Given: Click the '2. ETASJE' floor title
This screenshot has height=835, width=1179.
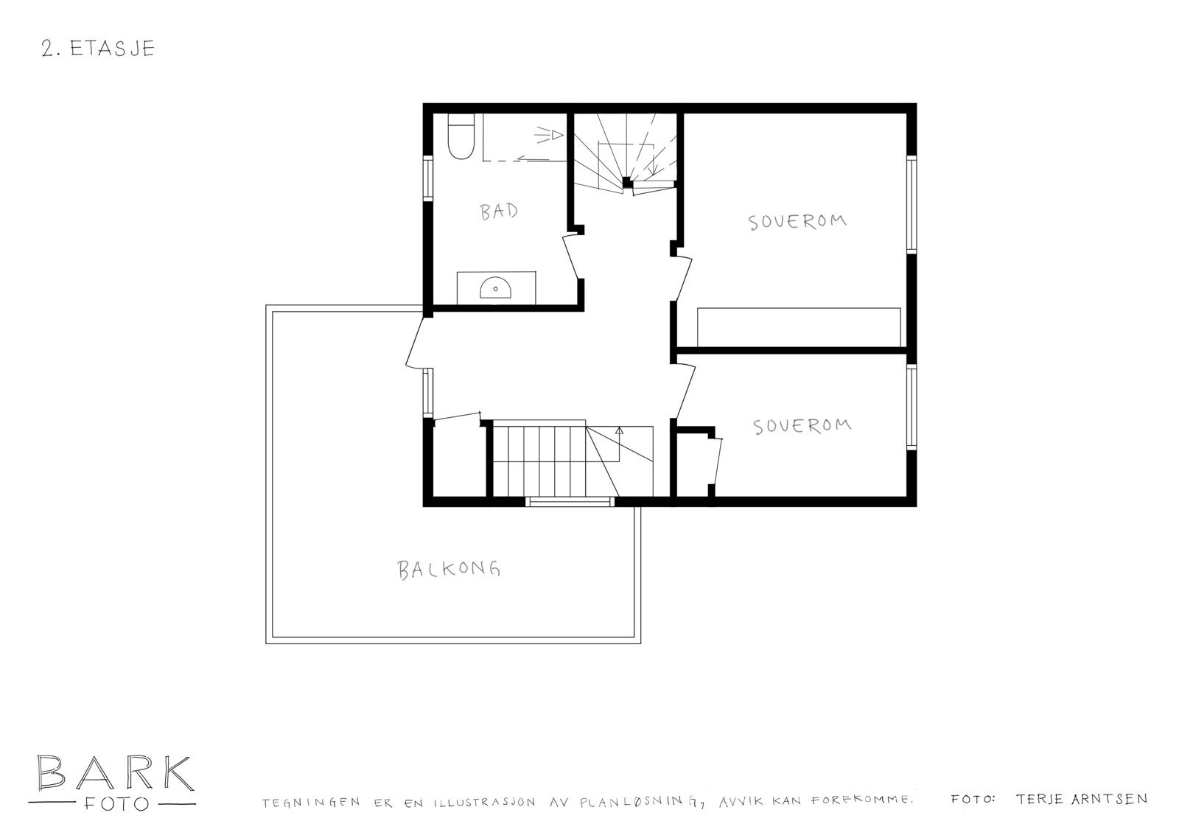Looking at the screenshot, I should click(x=98, y=49).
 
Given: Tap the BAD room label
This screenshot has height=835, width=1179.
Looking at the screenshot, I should click(x=499, y=212).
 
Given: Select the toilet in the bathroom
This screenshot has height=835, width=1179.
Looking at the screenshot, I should click(x=461, y=138).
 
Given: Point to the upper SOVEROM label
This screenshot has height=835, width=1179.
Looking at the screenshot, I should click(x=798, y=221).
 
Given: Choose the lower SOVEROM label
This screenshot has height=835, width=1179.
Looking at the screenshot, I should click(x=802, y=426).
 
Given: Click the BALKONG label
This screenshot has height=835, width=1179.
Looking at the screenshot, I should click(x=449, y=569).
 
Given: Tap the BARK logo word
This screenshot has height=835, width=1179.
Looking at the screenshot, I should click(x=114, y=773).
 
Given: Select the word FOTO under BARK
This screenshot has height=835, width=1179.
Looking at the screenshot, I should click(x=113, y=803).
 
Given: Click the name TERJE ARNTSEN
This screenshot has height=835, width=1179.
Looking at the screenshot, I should click(x=1080, y=799).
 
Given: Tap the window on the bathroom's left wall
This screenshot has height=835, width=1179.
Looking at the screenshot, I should click(x=427, y=178).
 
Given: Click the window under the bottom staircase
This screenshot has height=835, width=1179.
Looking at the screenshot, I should click(x=570, y=502).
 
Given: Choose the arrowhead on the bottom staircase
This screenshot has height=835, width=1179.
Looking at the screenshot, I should click(x=619, y=428).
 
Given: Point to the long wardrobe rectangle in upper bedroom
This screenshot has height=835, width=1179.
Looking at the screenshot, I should click(x=799, y=326).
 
